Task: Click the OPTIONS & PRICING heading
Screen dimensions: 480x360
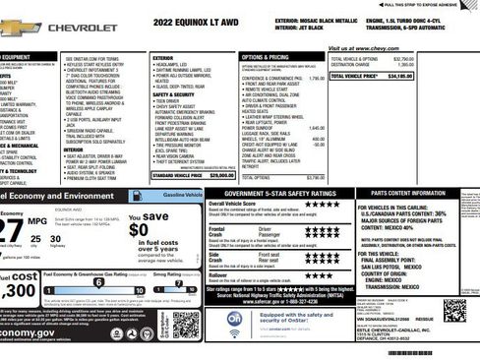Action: coord(265,57)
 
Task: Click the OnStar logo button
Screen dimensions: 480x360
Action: coord(234,320)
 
